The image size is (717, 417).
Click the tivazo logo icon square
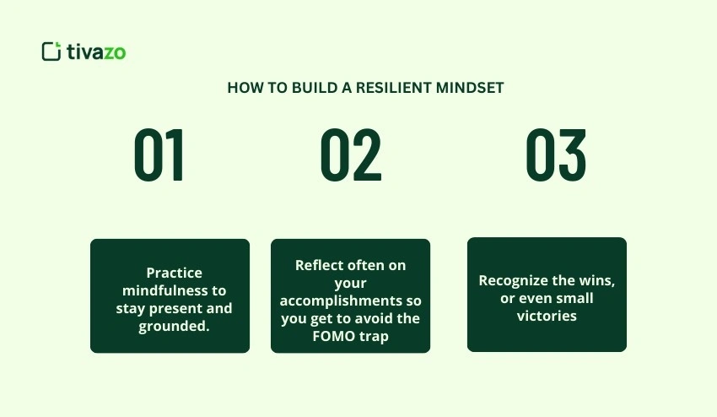[51, 51]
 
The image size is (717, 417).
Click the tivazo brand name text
[96, 51]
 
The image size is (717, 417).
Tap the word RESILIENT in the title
[393, 88]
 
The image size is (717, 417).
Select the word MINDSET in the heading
[470, 88]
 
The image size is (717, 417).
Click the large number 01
[159, 155]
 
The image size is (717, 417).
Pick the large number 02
[351, 155]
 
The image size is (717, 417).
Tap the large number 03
[556, 155]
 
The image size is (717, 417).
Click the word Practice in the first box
[175, 273]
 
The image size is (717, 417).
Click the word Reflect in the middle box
[319, 265]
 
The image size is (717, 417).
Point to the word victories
[547, 316]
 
